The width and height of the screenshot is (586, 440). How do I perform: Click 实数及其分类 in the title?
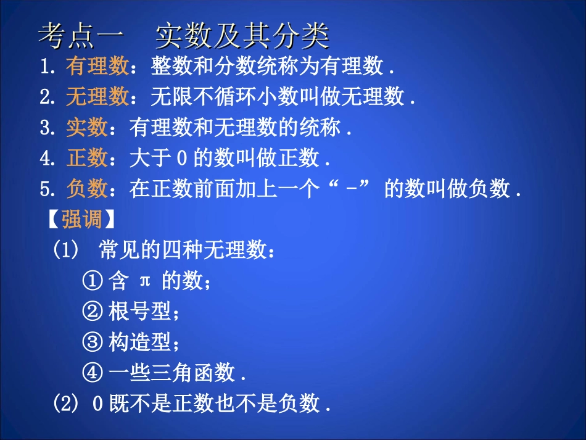coord(242,36)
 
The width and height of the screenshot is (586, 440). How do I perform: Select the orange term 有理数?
coord(97,66)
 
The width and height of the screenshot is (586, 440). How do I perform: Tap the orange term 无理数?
coord(97,97)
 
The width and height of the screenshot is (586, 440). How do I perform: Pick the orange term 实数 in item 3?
coord(87,128)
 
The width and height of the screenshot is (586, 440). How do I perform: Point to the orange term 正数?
coord(87,159)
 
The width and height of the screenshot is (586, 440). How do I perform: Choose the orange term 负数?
coord(87,189)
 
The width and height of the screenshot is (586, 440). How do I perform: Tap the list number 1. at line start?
coord(47,66)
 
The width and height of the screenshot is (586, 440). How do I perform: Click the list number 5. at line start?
coord(47,189)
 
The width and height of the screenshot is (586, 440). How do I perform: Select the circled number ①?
coord(91,282)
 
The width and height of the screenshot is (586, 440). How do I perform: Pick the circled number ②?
coord(91,312)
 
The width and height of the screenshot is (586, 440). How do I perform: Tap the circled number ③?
coord(91,342)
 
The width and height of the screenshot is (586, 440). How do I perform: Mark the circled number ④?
coord(91,373)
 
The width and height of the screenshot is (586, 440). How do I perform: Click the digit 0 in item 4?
coord(181,159)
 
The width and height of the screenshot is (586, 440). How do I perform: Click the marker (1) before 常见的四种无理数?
coord(66,251)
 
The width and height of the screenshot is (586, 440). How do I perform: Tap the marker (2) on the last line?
coord(66,404)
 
